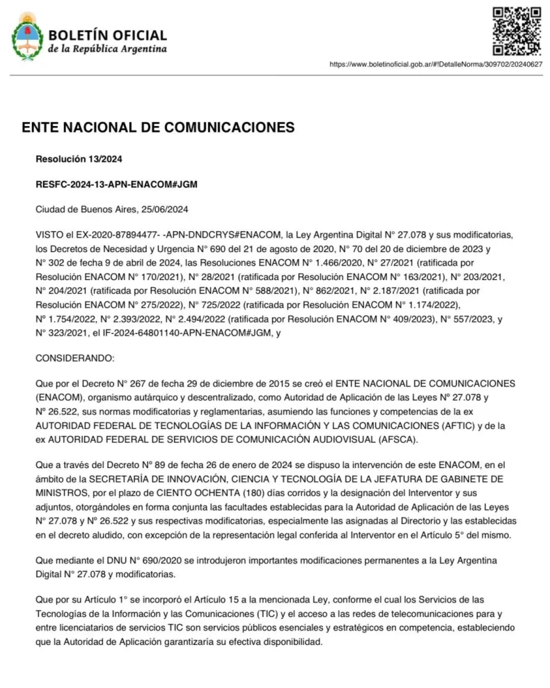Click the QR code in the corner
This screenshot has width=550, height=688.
coord(517,31)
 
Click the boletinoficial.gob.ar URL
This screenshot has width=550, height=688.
coord(436,64)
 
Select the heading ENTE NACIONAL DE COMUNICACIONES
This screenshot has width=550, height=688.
coord(158,128)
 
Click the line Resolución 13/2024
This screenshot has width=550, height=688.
coord(79,159)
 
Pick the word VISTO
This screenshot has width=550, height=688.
coord(49,235)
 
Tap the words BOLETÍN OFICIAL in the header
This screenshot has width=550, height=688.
coord(107,35)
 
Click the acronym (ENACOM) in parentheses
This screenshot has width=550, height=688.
coord(58,397)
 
